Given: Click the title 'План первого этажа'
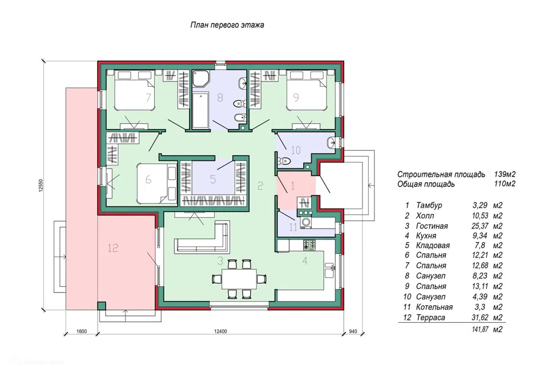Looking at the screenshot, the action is point(227,25).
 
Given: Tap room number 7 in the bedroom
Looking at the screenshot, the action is point(148,97).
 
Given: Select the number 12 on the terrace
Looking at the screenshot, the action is point(113,248).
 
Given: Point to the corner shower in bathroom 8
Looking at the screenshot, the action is point(200,79).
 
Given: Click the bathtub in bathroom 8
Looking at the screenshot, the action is point(200,110).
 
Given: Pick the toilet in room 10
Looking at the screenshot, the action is point(283,161).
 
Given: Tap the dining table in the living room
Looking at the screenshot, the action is point(239,279).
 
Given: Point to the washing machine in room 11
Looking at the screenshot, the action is point(306,222).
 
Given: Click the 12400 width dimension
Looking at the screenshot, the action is point(220,331).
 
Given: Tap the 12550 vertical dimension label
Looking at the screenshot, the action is point(41,185).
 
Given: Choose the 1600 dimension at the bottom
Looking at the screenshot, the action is point(81,331).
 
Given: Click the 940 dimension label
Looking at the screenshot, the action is point(353,331).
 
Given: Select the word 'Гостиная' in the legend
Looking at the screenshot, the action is point(432,226).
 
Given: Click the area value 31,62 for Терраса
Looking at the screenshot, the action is point(480,318).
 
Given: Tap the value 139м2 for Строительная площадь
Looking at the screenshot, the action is point(505,175).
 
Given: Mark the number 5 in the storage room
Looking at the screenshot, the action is point(213,179).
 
